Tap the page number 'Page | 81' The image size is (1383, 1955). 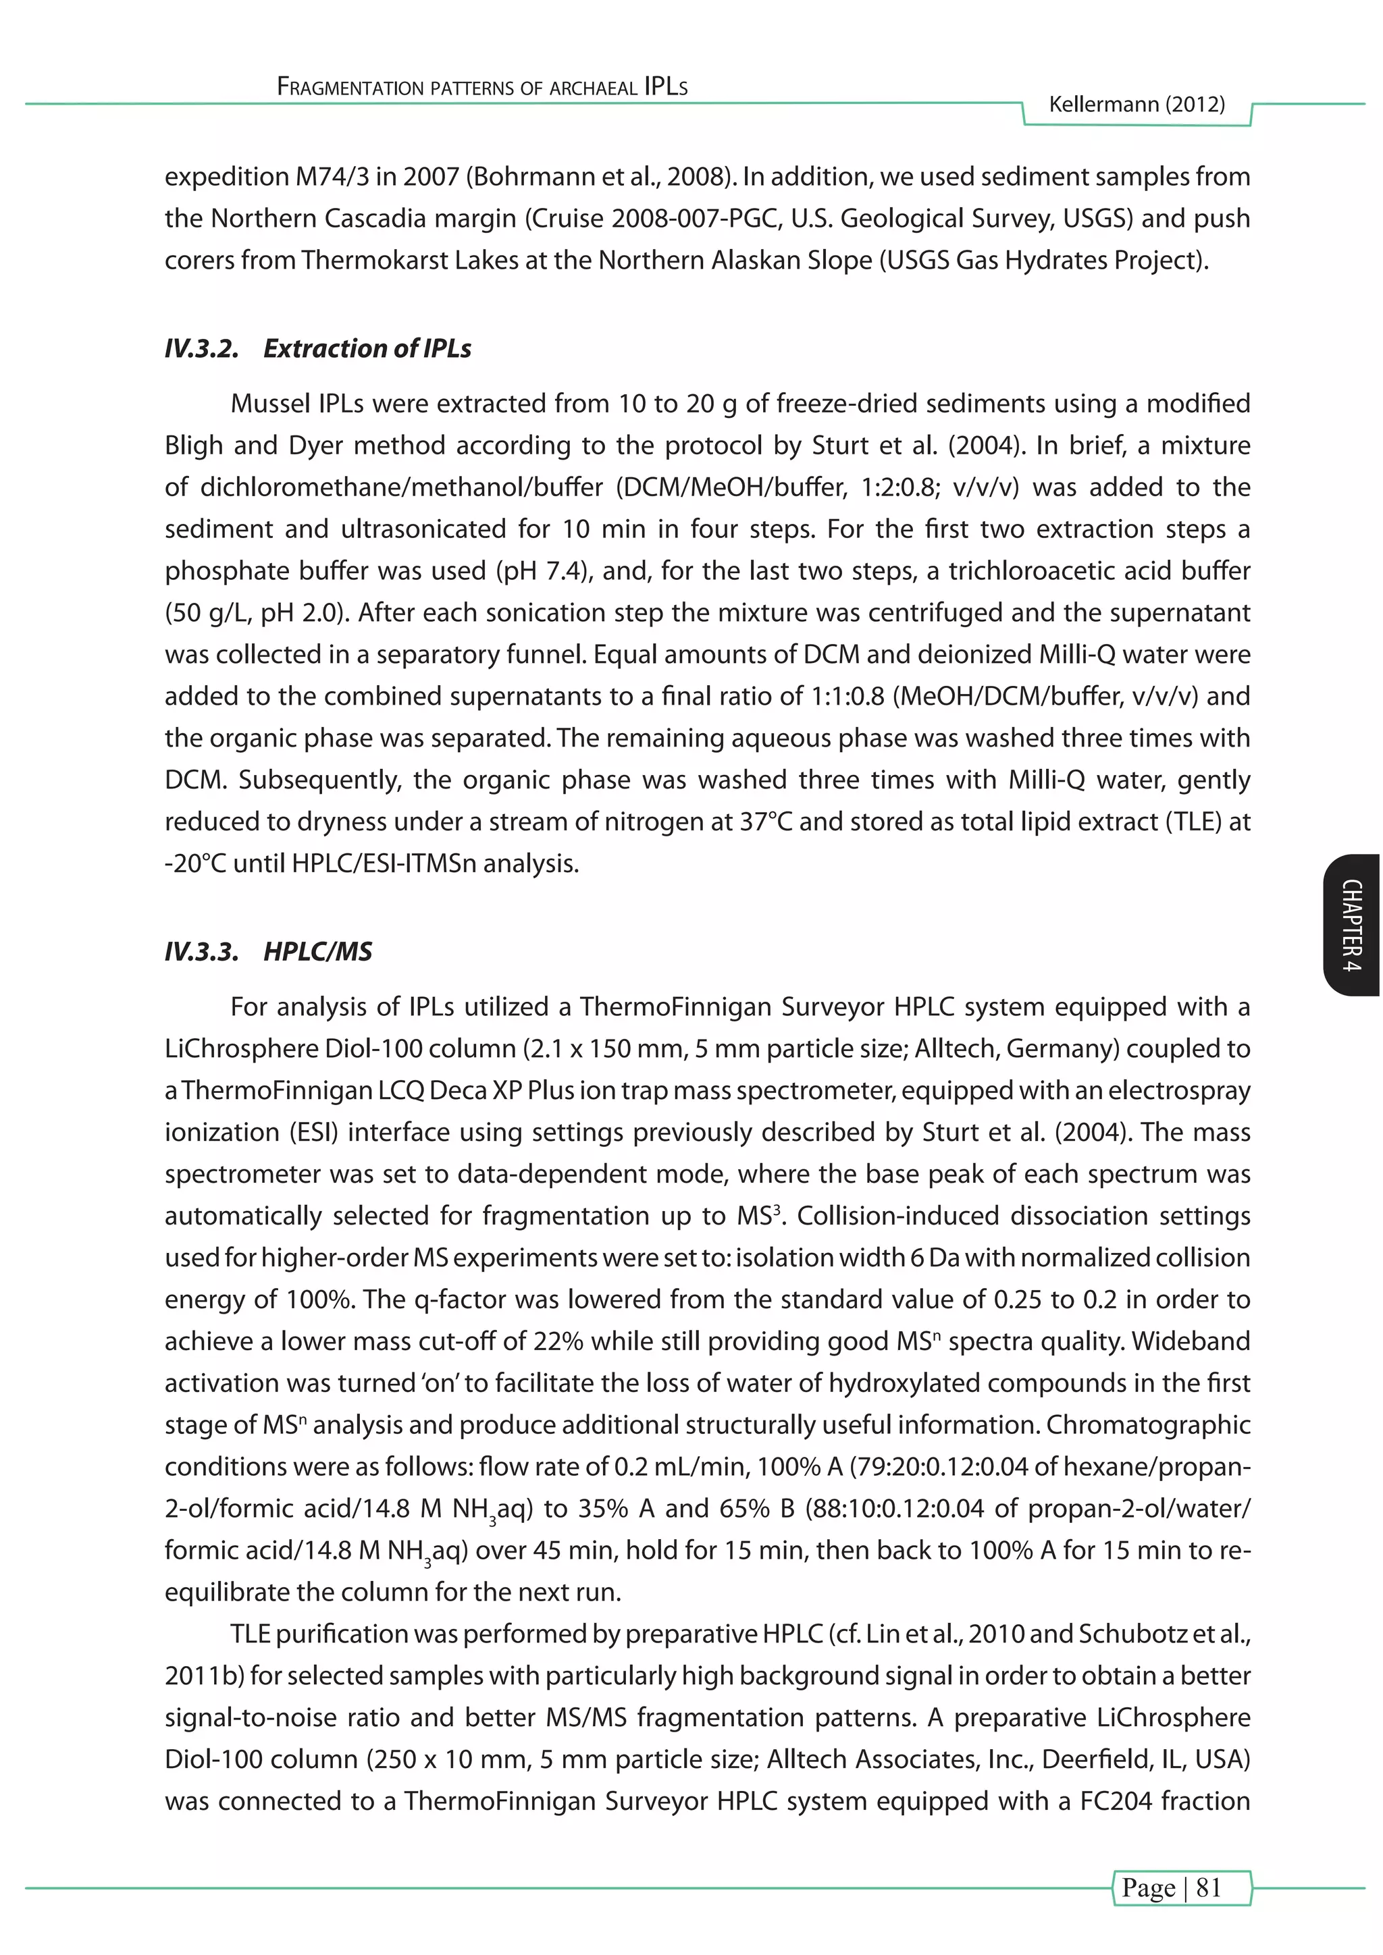pos(1172,1887)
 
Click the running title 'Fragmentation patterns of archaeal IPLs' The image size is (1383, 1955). pos(482,87)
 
